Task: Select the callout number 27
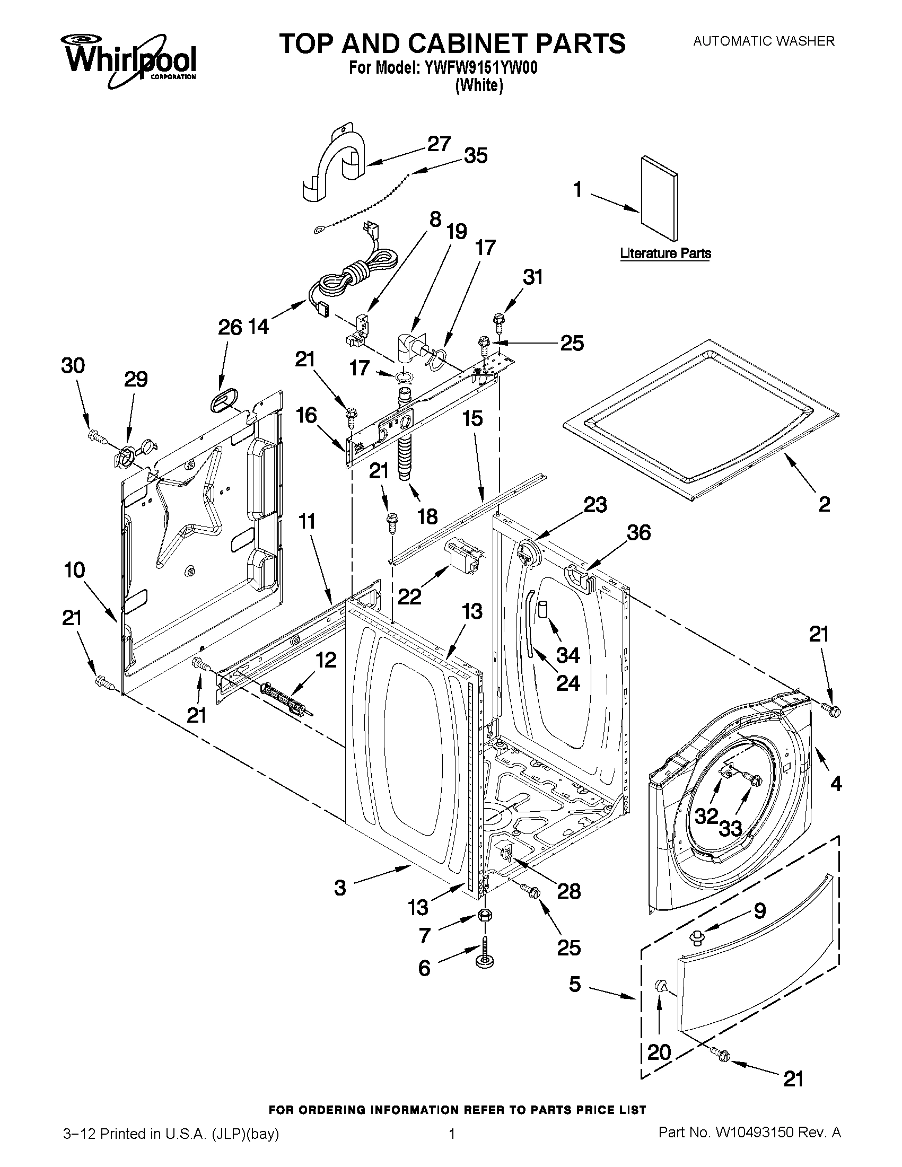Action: (x=439, y=144)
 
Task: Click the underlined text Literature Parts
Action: (x=665, y=253)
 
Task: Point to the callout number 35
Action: (x=475, y=156)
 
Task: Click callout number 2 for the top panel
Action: (x=824, y=504)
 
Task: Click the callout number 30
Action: (x=73, y=366)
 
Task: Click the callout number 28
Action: (x=568, y=891)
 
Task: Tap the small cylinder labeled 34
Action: (x=544, y=609)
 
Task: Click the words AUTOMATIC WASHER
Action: (x=764, y=41)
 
